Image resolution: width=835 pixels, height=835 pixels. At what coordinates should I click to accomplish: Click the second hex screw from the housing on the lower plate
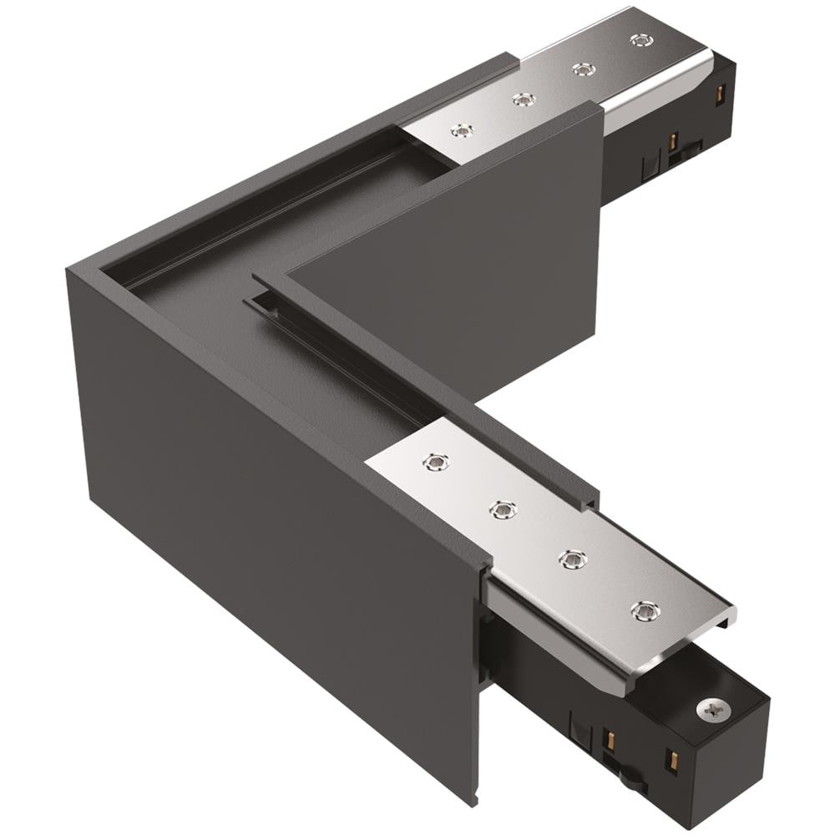pyautogui.click(x=502, y=509)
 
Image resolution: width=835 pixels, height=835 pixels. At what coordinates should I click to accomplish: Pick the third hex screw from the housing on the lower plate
pyautogui.click(x=571, y=559)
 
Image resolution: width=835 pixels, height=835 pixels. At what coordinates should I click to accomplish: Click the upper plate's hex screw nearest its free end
pyautogui.click(x=640, y=39)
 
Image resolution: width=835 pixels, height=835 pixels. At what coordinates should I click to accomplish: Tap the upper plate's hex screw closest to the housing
pyautogui.click(x=460, y=130)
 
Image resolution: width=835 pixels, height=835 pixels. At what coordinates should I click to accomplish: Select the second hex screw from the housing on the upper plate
pyautogui.click(x=523, y=99)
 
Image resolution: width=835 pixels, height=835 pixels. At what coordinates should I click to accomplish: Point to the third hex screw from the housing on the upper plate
pyautogui.click(x=581, y=69)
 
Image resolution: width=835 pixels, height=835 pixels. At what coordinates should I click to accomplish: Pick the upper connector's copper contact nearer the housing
pyautogui.click(x=671, y=141)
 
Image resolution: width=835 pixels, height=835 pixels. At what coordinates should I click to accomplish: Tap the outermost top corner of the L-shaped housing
pyautogui.click(x=68, y=270)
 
